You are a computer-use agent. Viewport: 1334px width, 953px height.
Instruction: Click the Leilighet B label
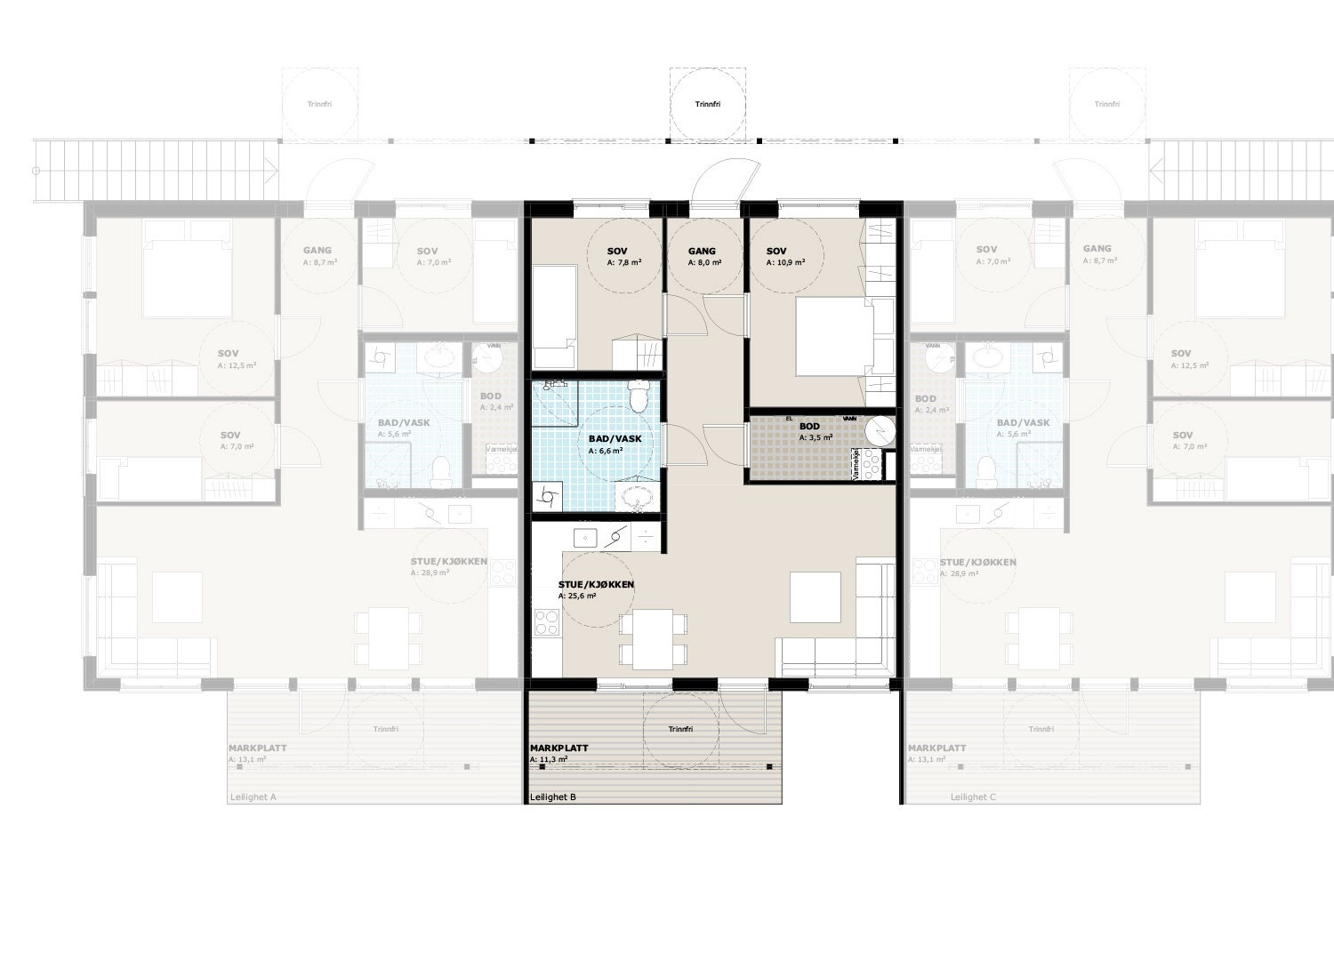pos(552,797)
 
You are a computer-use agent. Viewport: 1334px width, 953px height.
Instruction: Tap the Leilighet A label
pos(253,797)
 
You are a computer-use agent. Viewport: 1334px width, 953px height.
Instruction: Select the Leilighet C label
pos(973,797)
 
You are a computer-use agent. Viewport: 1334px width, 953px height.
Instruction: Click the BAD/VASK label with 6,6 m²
pos(615,439)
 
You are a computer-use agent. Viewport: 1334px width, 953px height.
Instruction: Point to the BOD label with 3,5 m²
pos(809,427)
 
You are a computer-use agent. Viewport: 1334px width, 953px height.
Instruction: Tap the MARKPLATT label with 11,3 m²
pos(559,749)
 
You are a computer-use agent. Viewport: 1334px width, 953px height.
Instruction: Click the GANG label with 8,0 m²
pos(702,252)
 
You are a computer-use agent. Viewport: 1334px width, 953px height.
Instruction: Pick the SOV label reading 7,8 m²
pos(617,252)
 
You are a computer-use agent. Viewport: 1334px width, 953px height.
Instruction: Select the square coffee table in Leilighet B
pos(816,597)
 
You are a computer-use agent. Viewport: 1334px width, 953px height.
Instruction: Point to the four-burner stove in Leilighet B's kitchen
pos(545,623)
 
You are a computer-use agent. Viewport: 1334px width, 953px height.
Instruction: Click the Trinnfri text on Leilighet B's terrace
pos(680,730)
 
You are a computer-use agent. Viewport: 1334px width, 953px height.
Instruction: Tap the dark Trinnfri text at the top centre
pos(708,105)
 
